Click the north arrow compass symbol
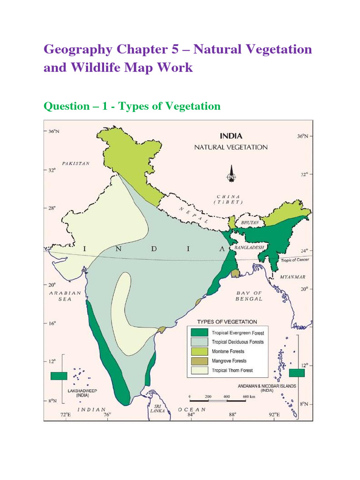click(230, 174)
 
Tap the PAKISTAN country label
click(72, 164)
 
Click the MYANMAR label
click(292, 277)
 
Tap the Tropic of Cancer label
click(295, 260)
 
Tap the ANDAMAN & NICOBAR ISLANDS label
click(262, 389)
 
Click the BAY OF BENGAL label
click(249, 296)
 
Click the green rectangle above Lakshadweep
click(59, 375)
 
